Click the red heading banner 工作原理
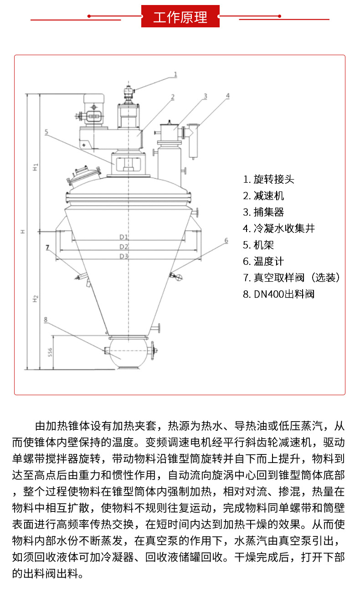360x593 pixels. tap(180, 17)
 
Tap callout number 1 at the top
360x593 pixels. tap(175, 74)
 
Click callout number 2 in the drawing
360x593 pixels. tap(173, 97)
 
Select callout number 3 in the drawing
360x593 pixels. tap(205, 96)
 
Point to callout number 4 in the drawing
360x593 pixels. tap(227, 96)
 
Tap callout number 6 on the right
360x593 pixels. tap(226, 240)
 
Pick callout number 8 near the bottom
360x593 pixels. tap(46, 320)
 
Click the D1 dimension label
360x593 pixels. tap(124, 237)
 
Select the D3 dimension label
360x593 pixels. tap(124, 256)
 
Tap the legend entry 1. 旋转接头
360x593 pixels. tap(268, 179)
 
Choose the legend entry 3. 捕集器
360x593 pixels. tap(263, 212)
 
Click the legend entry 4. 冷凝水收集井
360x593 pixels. tap(278, 228)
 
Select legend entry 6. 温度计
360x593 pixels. tap(263, 261)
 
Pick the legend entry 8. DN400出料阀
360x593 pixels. tap(278, 294)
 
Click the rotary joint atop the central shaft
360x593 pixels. tap(129, 94)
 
